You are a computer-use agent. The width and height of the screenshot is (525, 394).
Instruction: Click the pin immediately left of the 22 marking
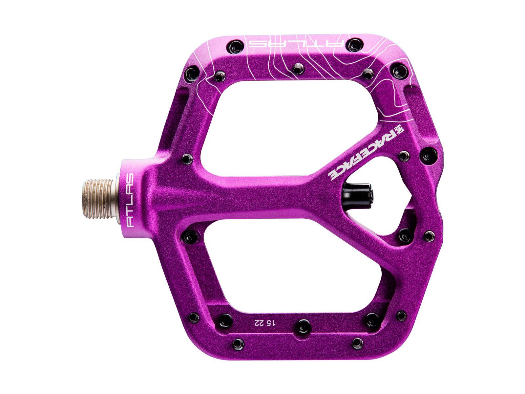tap(225, 320)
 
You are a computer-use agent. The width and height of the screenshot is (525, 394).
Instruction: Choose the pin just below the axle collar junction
tap(189, 237)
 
